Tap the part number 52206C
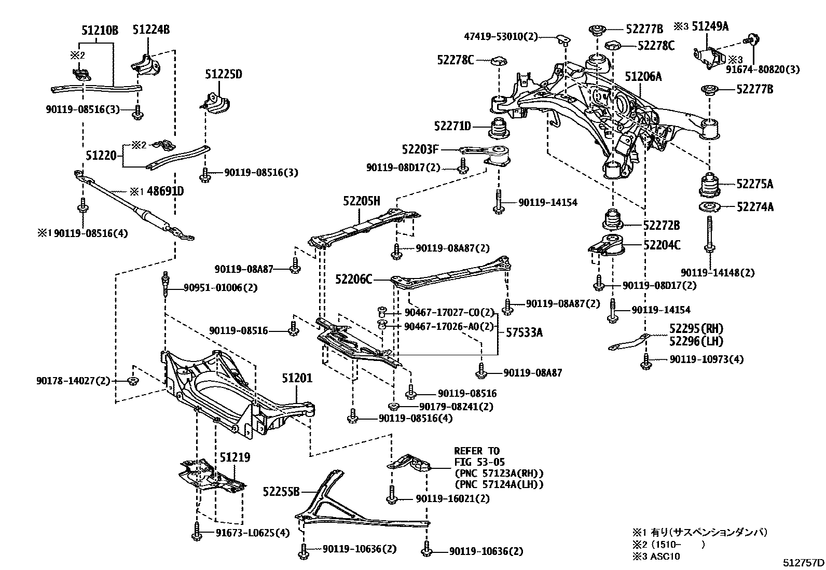point(354,280)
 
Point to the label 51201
point(297,379)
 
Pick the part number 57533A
point(524,332)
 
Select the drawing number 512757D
point(803,562)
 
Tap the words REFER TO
point(476,451)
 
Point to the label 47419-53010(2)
point(501,37)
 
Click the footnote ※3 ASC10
point(656,556)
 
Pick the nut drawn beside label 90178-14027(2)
point(132,381)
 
